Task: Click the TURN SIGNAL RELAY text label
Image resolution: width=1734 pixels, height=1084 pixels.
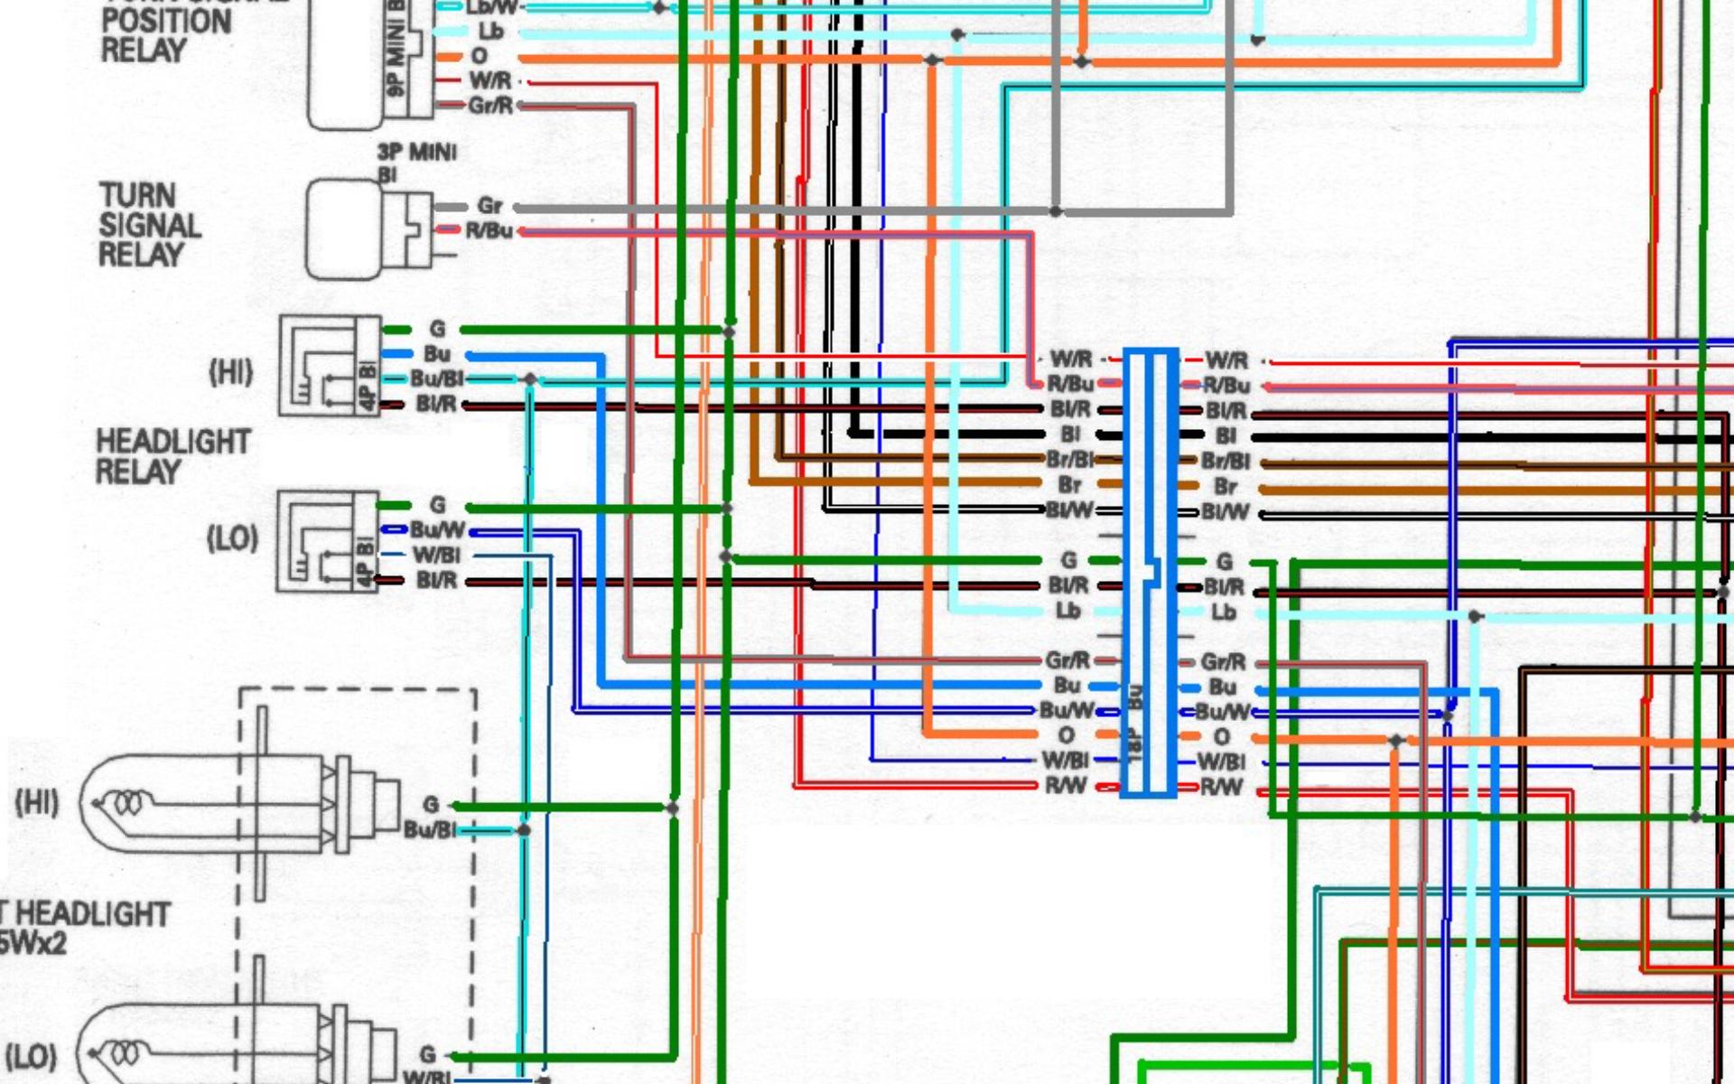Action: click(149, 225)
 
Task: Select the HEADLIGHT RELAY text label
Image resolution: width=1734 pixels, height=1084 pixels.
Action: click(172, 456)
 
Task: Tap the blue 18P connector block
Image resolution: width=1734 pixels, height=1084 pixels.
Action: click(1149, 573)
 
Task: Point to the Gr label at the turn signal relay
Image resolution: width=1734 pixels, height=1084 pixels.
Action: click(489, 206)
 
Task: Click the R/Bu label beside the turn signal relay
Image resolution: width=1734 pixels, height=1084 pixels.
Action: click(489, 231)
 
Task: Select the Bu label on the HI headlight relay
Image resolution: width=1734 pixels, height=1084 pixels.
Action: click(437, 354)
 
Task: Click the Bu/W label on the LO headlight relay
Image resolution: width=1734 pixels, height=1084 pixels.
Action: click(438, 529)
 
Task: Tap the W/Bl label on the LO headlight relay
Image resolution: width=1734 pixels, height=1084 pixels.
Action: click(436, 555)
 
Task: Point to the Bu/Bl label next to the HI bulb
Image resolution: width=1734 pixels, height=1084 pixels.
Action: click(430, 829)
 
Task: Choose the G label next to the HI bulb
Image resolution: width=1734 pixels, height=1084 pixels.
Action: click(431, 804)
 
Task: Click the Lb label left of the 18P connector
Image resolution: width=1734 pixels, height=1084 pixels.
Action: click(1067, 612)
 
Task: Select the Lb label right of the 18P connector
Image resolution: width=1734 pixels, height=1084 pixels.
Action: click(1223, 612)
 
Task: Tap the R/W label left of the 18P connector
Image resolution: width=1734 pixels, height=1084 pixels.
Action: click(1066, 786)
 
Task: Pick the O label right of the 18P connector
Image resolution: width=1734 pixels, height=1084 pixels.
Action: click(1221, 737)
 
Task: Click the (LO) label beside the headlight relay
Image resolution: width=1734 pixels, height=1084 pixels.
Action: click(232, 539)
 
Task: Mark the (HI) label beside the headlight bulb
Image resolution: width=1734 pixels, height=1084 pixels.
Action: click(37, 802)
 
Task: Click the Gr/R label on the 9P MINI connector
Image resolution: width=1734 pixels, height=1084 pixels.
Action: click(490, 106)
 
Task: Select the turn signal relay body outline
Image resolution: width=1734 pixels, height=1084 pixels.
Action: click(342, 229)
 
